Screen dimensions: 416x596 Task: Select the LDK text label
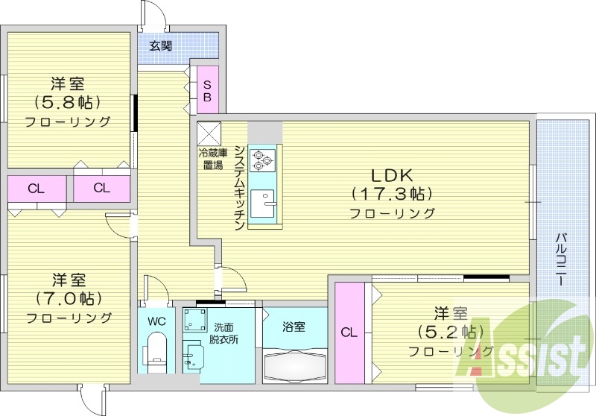coord(392,175)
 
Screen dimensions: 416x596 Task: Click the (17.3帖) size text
coord(392,194)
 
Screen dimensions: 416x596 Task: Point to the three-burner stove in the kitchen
coord(264,158)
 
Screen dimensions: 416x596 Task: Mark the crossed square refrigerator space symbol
coord(208,133)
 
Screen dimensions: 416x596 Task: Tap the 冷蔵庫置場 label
coord(210,159)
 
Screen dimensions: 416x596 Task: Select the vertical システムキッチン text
coord(239,186)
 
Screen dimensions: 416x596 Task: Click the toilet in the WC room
coord(156,350)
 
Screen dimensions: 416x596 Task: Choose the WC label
coord(156,321)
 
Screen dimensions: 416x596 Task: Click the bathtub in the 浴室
coord(296,365)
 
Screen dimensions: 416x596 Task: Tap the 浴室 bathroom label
coord(294,326)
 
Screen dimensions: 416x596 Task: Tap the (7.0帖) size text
coord(69,299)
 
